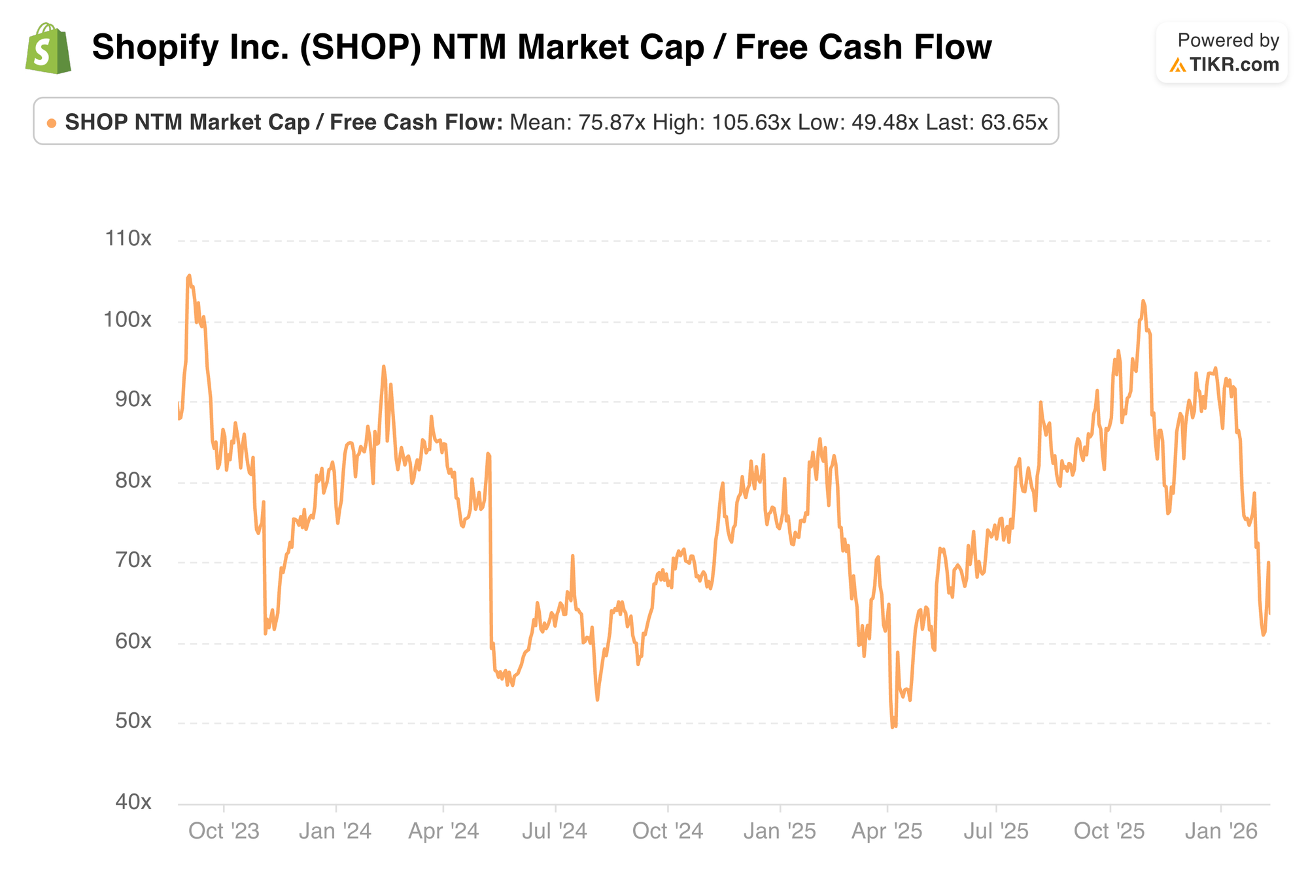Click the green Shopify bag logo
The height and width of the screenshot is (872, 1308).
click(x=48, y=48)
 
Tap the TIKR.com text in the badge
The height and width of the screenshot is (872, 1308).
click(x=1233, y=65)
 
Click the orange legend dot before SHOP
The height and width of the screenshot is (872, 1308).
click(x=52, y=123)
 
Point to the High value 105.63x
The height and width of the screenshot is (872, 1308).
click(x=751, y=122)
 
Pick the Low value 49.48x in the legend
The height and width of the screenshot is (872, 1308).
click(x=885, y=122)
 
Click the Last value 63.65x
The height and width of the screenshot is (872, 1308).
click(x=1014, y=122)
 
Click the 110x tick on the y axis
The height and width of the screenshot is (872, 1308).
click(x=128, y=239)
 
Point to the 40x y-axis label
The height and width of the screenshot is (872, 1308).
click(x=133, y=802)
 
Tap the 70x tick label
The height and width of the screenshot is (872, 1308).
click(x=133, y=561)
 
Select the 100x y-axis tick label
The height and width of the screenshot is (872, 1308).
click(x=128, y=320)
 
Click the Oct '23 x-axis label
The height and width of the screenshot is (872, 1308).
click(x=224, y=831)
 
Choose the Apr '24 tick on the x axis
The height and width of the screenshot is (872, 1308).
click(x=443, y=831)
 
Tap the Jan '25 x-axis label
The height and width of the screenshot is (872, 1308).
click(x=780, y=831)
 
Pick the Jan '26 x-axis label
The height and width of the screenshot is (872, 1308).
click(x=1221, y=831)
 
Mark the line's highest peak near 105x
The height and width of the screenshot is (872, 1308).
click(x=189, y=276)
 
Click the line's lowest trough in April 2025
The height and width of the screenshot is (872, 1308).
click(x=892, y=726)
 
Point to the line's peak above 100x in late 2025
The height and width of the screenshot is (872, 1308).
click(x=1143, y=301)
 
